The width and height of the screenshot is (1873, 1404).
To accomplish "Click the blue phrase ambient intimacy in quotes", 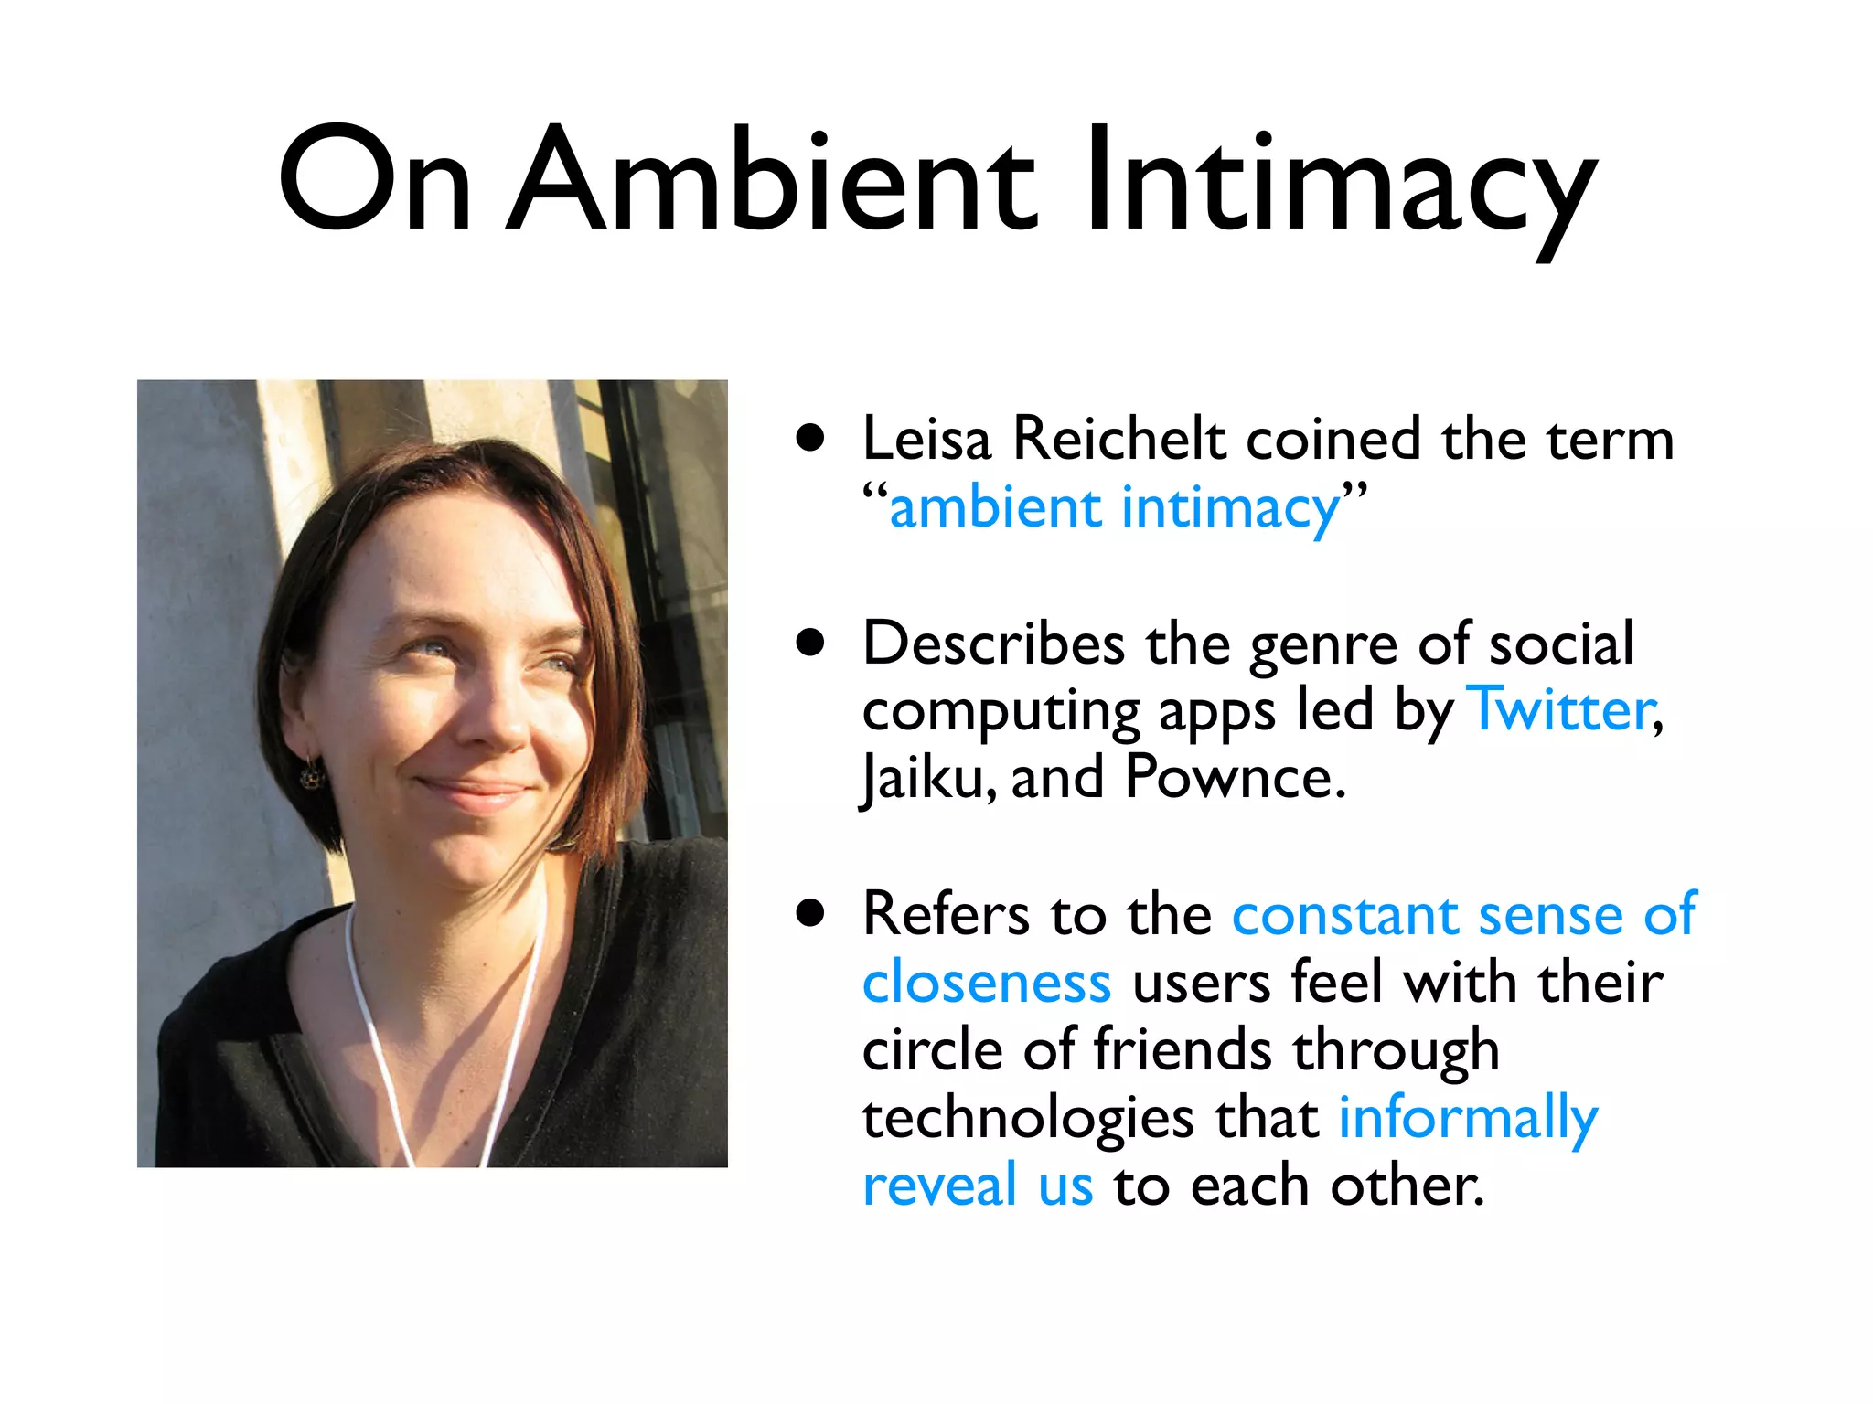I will point(1114,508).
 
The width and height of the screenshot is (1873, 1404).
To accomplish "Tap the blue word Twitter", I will point(1562,709).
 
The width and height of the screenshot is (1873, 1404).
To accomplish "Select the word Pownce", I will point(1235,777).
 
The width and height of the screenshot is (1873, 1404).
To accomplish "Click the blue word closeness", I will point(986,984).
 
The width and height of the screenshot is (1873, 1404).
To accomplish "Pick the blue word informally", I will point(1467,1119).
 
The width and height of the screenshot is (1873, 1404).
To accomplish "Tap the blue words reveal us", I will point(977,1186).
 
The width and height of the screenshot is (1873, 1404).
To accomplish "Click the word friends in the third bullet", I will point(1182,1049).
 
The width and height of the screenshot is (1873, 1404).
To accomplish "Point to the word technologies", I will point(1027,1119).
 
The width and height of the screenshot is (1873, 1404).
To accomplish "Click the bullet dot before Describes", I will point(810,643).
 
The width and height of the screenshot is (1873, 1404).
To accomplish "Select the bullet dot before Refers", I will point(810,913).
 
